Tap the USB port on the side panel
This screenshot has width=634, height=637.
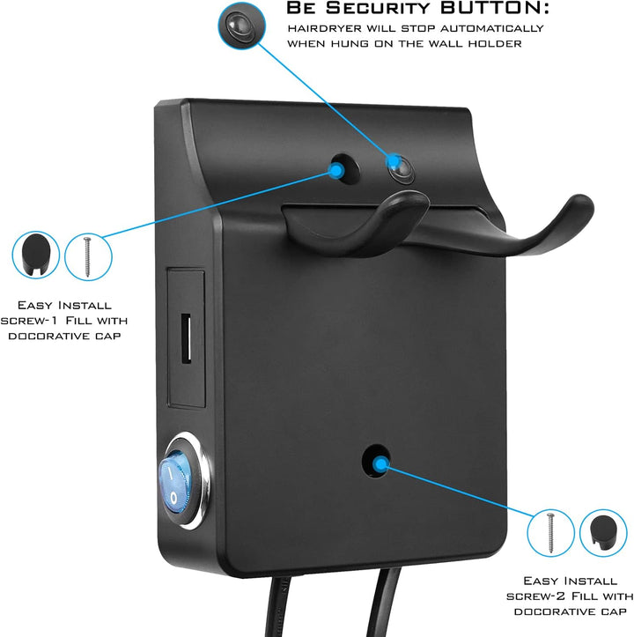click(186, 339)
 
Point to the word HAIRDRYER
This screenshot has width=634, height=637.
click(325, 28)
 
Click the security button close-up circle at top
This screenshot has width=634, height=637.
click(241, 26)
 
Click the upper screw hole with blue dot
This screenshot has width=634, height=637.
click(344, 168)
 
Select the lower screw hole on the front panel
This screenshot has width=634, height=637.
click(377, 461)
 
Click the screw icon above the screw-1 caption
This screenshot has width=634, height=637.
click(88, 256)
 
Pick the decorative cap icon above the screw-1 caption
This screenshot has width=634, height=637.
click(36, 255)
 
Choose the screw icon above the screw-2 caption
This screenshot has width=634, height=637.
click(550, 532)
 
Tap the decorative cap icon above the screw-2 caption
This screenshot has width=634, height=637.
click(603, 532)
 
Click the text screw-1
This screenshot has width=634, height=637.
click(28, 321)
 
